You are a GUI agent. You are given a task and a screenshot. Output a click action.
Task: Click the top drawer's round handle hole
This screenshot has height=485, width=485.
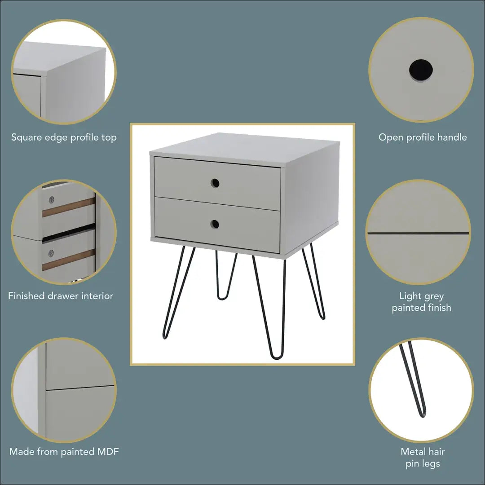215,183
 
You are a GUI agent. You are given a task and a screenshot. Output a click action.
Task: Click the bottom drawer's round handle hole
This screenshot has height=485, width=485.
215,224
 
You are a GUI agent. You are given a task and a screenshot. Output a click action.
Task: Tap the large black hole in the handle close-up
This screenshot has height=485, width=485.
421,71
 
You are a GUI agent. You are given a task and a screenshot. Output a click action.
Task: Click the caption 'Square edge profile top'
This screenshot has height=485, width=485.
64,137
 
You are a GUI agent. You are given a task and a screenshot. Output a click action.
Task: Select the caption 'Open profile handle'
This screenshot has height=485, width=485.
423,137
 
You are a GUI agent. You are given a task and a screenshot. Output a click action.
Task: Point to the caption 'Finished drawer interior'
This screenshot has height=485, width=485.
61,295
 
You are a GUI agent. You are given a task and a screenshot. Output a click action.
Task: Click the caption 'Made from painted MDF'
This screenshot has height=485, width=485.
64,451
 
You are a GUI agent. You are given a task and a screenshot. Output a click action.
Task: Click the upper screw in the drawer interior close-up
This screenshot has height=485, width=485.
51,199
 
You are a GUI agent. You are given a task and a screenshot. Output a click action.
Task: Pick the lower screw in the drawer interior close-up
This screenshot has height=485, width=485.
51,253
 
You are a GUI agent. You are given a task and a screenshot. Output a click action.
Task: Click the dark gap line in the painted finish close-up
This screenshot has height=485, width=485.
418,233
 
